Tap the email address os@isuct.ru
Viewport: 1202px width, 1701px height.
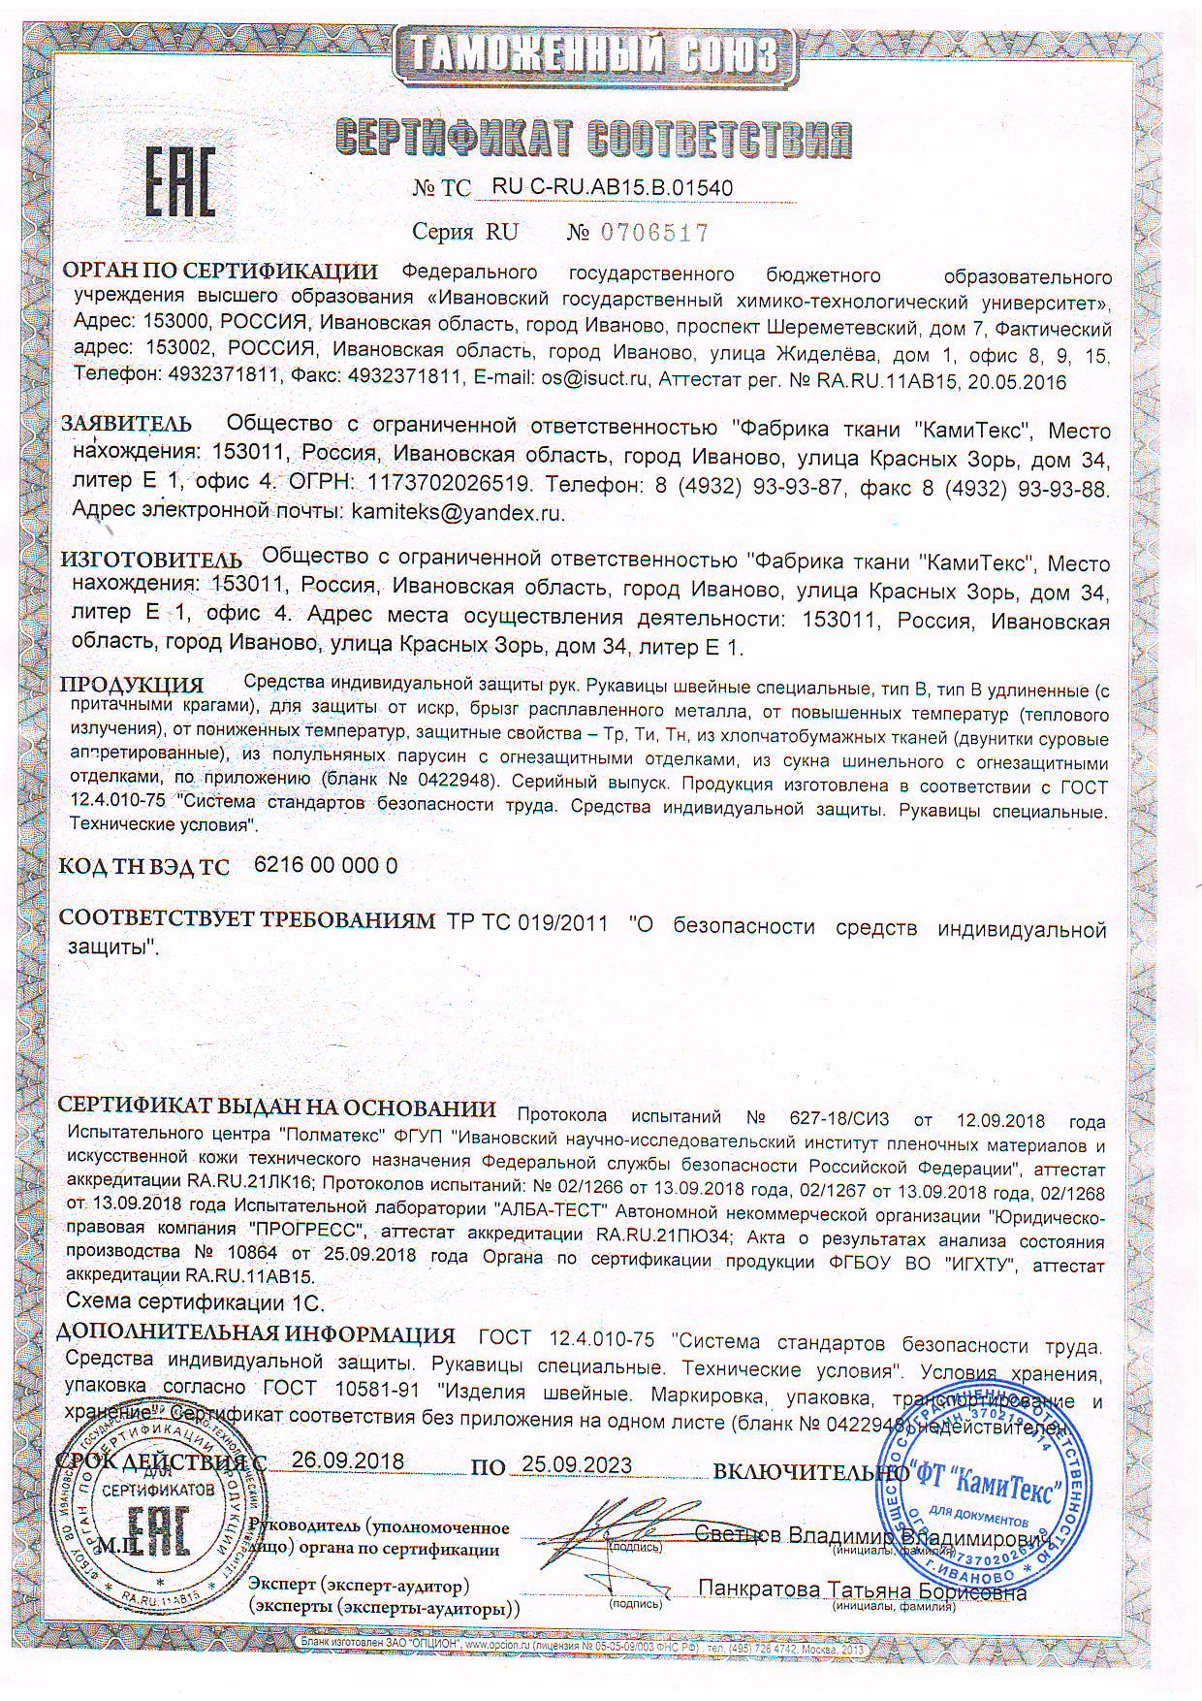click(593, 382)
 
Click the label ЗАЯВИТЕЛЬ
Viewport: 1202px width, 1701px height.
click(126, 425)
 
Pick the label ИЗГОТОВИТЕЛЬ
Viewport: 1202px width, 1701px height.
click(152, 561)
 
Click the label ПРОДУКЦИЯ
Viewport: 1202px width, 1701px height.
click(133, 687)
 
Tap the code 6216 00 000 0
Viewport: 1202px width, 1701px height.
click(325, 866)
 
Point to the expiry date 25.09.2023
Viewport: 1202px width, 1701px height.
click(576, 1464)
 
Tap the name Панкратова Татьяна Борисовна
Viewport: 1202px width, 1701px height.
click(863, 1591)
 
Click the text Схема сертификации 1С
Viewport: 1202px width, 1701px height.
click(194, 1300)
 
